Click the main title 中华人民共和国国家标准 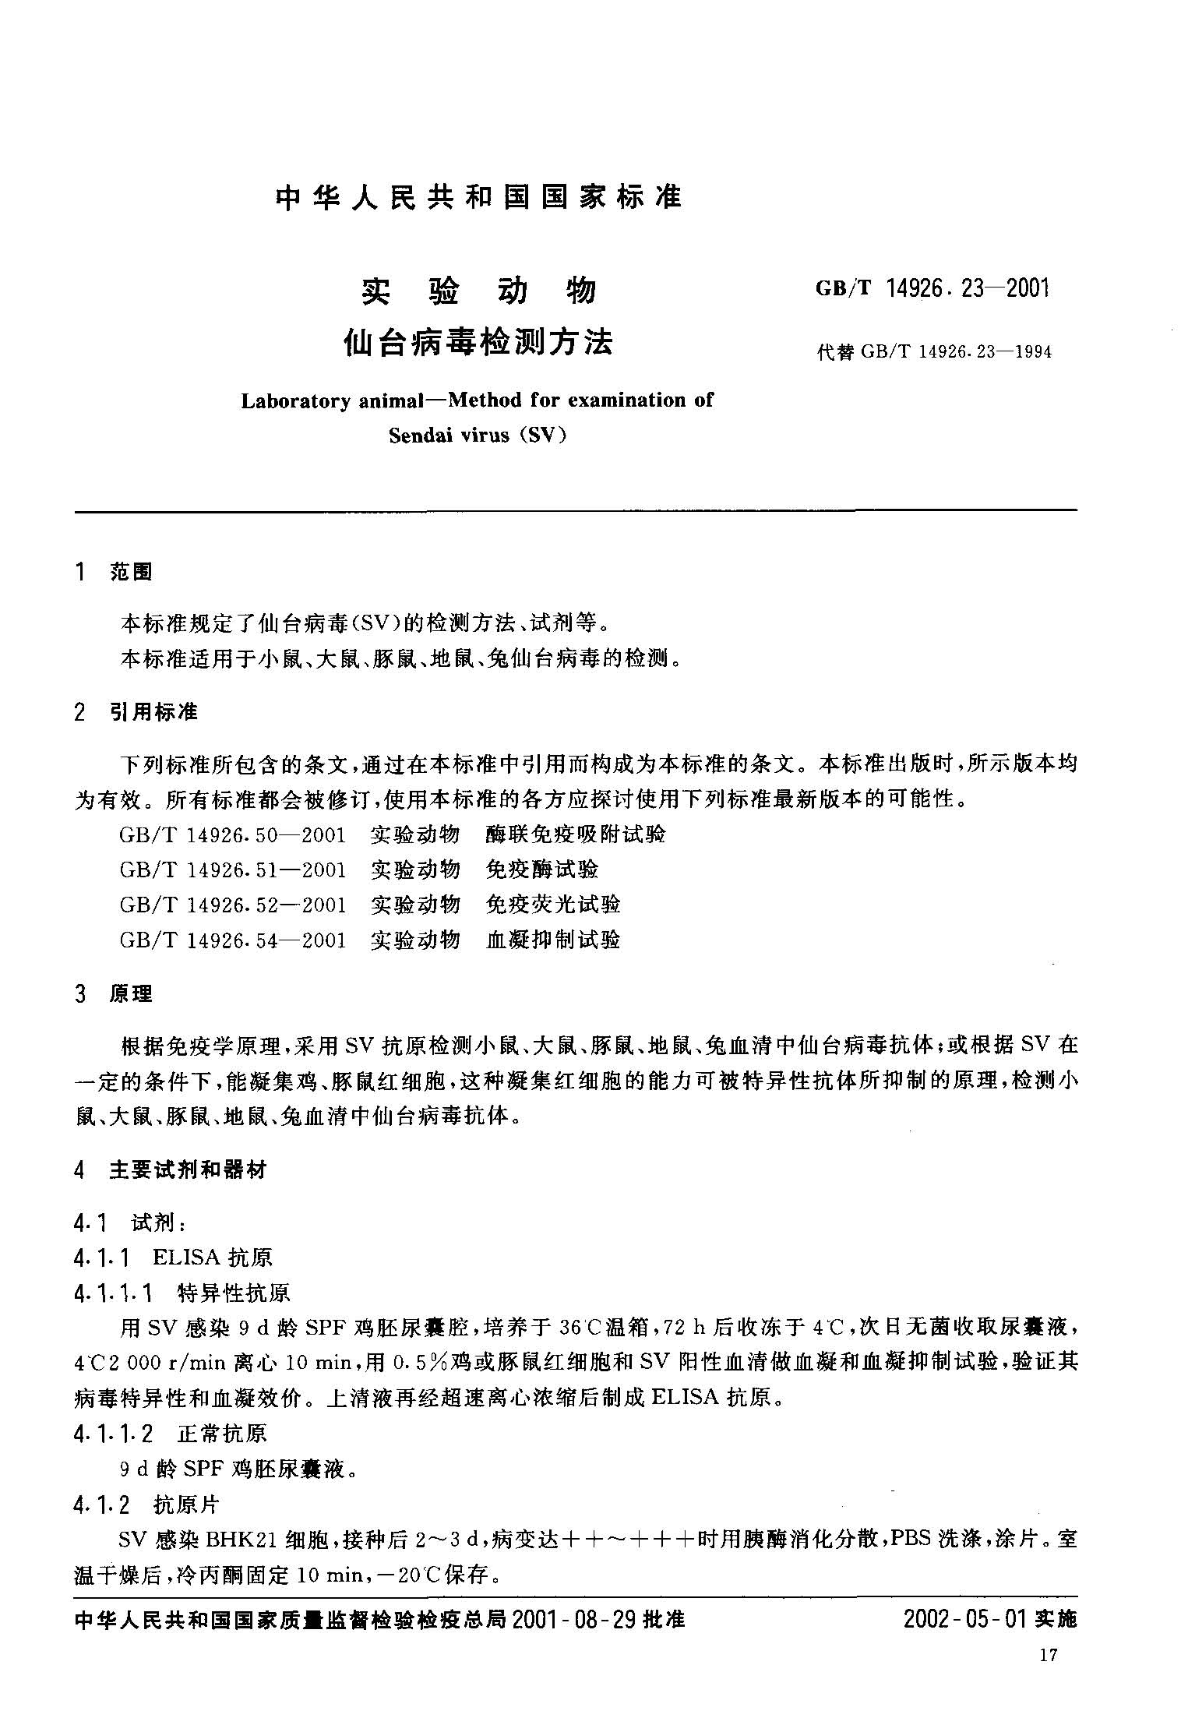pos(478,197)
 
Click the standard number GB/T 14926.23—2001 pos(932,289)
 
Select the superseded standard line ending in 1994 pos(933,352)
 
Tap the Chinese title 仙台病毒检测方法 pos(478,343)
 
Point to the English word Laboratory pos(295,401)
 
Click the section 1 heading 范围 pos(131,573)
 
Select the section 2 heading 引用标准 pos(153,712)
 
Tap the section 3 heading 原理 pos(131,995)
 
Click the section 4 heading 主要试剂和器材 pos(187,1169)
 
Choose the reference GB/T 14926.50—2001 pos(232,835)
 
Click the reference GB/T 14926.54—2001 pos(232,940)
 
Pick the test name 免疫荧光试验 pos(552,905)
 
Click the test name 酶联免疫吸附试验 pos(576,835)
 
